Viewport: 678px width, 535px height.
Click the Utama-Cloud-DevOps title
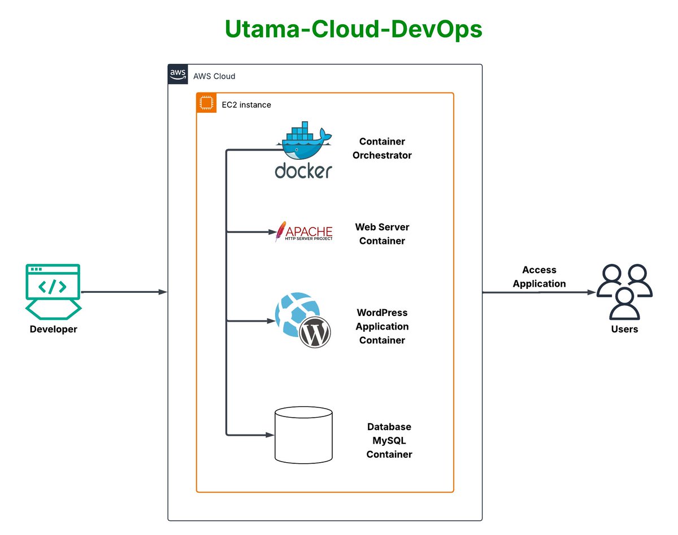(353, 29)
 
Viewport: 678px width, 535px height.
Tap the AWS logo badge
(177, 75)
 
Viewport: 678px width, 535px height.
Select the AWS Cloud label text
(214, 76)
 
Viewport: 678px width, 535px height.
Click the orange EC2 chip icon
(206, 104)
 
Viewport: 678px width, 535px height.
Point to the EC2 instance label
(246, 105)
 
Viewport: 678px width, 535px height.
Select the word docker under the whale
(303, 170)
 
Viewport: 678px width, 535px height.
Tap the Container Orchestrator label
(382, 148)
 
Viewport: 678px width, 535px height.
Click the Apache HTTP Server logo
(303, 232)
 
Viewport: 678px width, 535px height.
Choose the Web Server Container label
(382, 234)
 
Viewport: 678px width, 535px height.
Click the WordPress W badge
(315, 333)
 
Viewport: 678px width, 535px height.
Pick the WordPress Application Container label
(382, 326)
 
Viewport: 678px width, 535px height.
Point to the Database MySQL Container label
(389, 441)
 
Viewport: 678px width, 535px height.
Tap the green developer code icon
(53, 288)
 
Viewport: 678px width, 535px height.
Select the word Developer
(53, 329)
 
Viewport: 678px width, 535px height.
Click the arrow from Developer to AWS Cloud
(124, 292)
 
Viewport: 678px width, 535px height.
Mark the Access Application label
(539, 277)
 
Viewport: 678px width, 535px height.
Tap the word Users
(624, 329)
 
